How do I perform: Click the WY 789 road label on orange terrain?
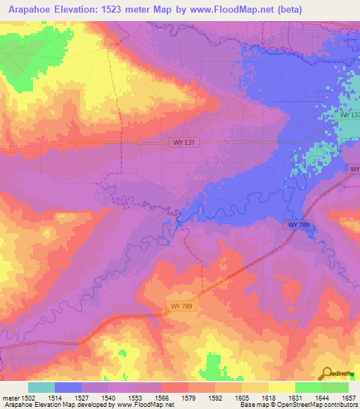(x=181, y=306)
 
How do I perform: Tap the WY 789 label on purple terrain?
(x=299, y=224)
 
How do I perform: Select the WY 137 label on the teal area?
(x=349, y=115)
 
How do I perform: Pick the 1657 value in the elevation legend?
(x=349, y=398)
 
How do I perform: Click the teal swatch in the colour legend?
(x=41, y=387)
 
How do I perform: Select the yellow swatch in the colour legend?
(x=282, y=387)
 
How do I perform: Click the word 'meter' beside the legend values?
(x=11, y=398)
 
